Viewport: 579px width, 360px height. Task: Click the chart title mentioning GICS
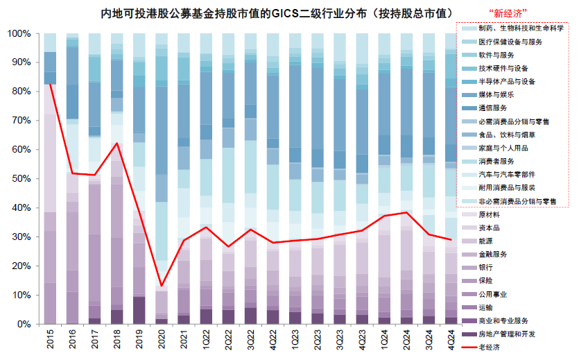pos(275,14)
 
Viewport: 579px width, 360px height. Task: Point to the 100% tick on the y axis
pos(18,33)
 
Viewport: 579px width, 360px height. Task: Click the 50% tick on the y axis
pos(20,178)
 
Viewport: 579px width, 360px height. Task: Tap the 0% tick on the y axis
pos(23,324)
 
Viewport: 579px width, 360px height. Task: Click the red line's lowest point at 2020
pos(162,286)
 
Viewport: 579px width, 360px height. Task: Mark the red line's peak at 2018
pos(117,144)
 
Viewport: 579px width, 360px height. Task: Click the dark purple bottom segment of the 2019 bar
pos(139,311)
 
